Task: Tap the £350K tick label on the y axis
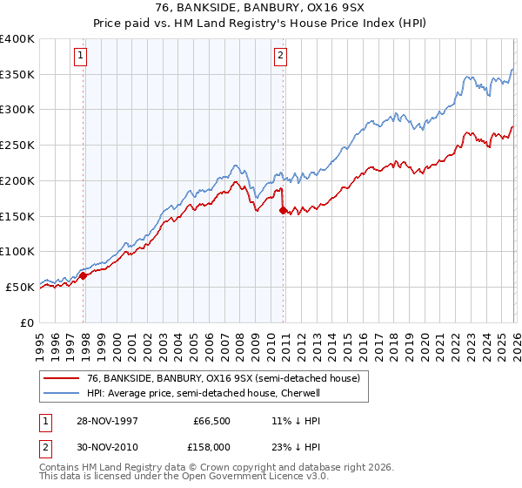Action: [17, 75]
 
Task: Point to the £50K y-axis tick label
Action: [20, 287]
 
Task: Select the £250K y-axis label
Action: [17, 146]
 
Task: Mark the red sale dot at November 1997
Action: [84, 275]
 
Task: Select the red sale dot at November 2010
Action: [284, 210]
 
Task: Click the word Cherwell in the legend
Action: [300, 393]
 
